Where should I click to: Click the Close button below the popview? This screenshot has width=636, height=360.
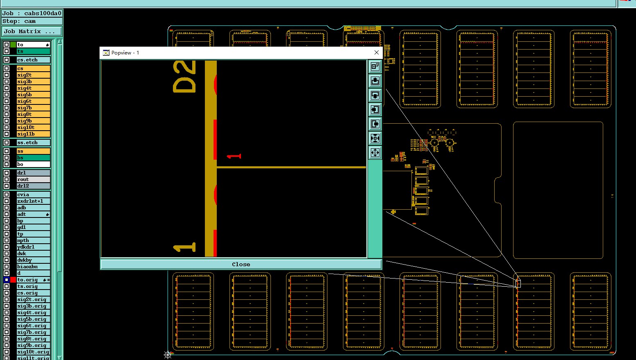click(x=241, y=265)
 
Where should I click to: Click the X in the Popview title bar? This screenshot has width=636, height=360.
click(x=377, y=52)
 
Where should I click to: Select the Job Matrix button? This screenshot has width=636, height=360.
click(x=32, y=32)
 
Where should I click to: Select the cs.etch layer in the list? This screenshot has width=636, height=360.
click(x=33, y=60)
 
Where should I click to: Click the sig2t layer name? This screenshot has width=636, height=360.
click(x=33, y=75)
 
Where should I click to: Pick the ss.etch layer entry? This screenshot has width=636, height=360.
click(x=33, y=143)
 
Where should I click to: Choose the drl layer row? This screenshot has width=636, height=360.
click(x=33, y=173)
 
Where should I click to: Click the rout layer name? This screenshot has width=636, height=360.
click(x=33, y=179)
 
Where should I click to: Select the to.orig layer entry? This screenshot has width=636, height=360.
click(x=29, y=280)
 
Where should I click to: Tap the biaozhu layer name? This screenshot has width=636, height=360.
click(x=33, y=267)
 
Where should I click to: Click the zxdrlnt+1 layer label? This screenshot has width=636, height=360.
click(x=33, y=201)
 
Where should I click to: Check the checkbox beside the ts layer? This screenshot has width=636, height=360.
click(x=7, y=51)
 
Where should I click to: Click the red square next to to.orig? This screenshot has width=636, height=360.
click(x=13, y=280)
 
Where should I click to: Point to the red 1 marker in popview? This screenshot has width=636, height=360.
click(x=234, y=156)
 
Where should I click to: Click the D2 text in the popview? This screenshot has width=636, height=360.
click(x=184, y=77)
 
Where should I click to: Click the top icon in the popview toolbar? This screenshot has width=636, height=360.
click(x=375, y=66)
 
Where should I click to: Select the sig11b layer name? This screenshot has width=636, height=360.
click(x=33, y=134)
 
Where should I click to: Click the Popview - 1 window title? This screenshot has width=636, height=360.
click(x=125, y=53)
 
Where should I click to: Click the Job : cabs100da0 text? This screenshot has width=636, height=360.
click(x=32, y=13)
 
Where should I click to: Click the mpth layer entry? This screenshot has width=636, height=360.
click(x=33, y=240)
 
